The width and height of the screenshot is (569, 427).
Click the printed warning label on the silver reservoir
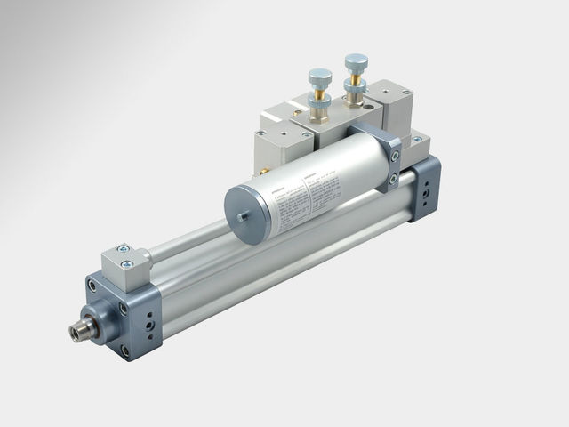302,197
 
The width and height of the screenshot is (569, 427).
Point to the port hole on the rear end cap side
430,191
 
